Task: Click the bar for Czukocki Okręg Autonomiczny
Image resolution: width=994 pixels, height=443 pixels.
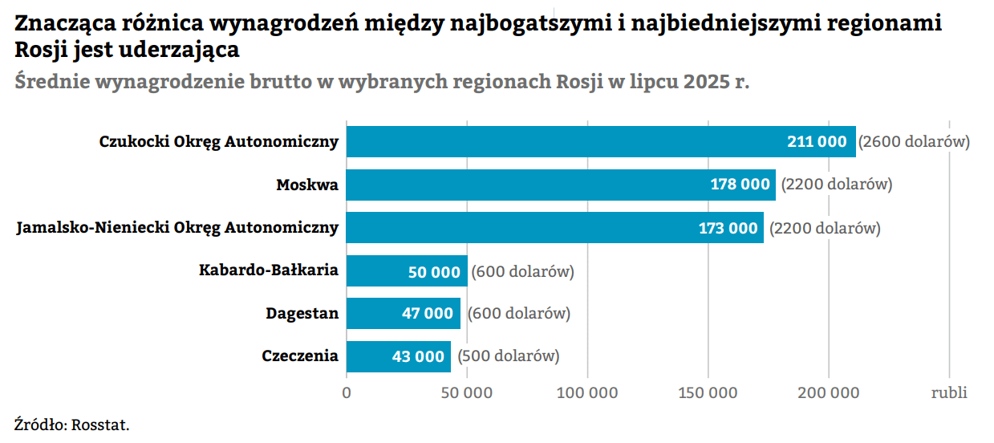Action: click(562, 141)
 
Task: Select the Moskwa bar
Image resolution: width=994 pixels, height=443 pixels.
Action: click(521, 185)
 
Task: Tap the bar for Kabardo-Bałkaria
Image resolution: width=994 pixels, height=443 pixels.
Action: click(377, 271)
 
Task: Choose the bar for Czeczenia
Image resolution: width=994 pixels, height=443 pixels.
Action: click(369, 356)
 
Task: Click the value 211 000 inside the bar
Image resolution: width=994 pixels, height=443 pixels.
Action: click(817, 142)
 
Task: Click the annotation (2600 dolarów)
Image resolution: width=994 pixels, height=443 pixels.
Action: click(915, 142)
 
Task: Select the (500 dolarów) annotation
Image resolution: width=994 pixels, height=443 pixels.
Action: click(509, 356)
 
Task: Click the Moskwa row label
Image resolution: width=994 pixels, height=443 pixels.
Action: click(307, 185)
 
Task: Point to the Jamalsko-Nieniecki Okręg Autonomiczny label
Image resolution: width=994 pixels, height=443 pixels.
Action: click(177, 228)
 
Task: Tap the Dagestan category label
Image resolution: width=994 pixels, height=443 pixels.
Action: click(302, 313)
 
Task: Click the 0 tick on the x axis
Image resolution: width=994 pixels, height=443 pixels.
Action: click(347, 393)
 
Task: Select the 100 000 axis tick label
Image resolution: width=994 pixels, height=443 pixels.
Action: click(588, 393)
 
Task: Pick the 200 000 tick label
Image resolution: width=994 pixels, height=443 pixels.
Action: click(830, 393)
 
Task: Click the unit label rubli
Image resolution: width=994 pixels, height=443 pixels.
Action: click(949, 393)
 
